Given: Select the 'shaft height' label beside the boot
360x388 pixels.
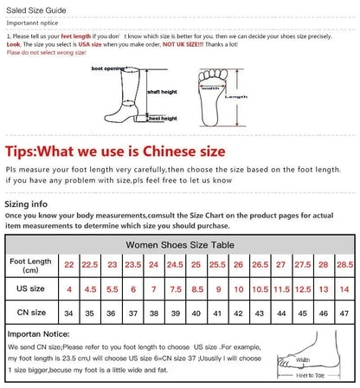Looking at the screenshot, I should (x=162, y=91).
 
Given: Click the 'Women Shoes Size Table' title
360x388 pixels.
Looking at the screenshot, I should (x=180, y=245).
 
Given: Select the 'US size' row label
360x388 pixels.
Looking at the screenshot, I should (x=30, y=287).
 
